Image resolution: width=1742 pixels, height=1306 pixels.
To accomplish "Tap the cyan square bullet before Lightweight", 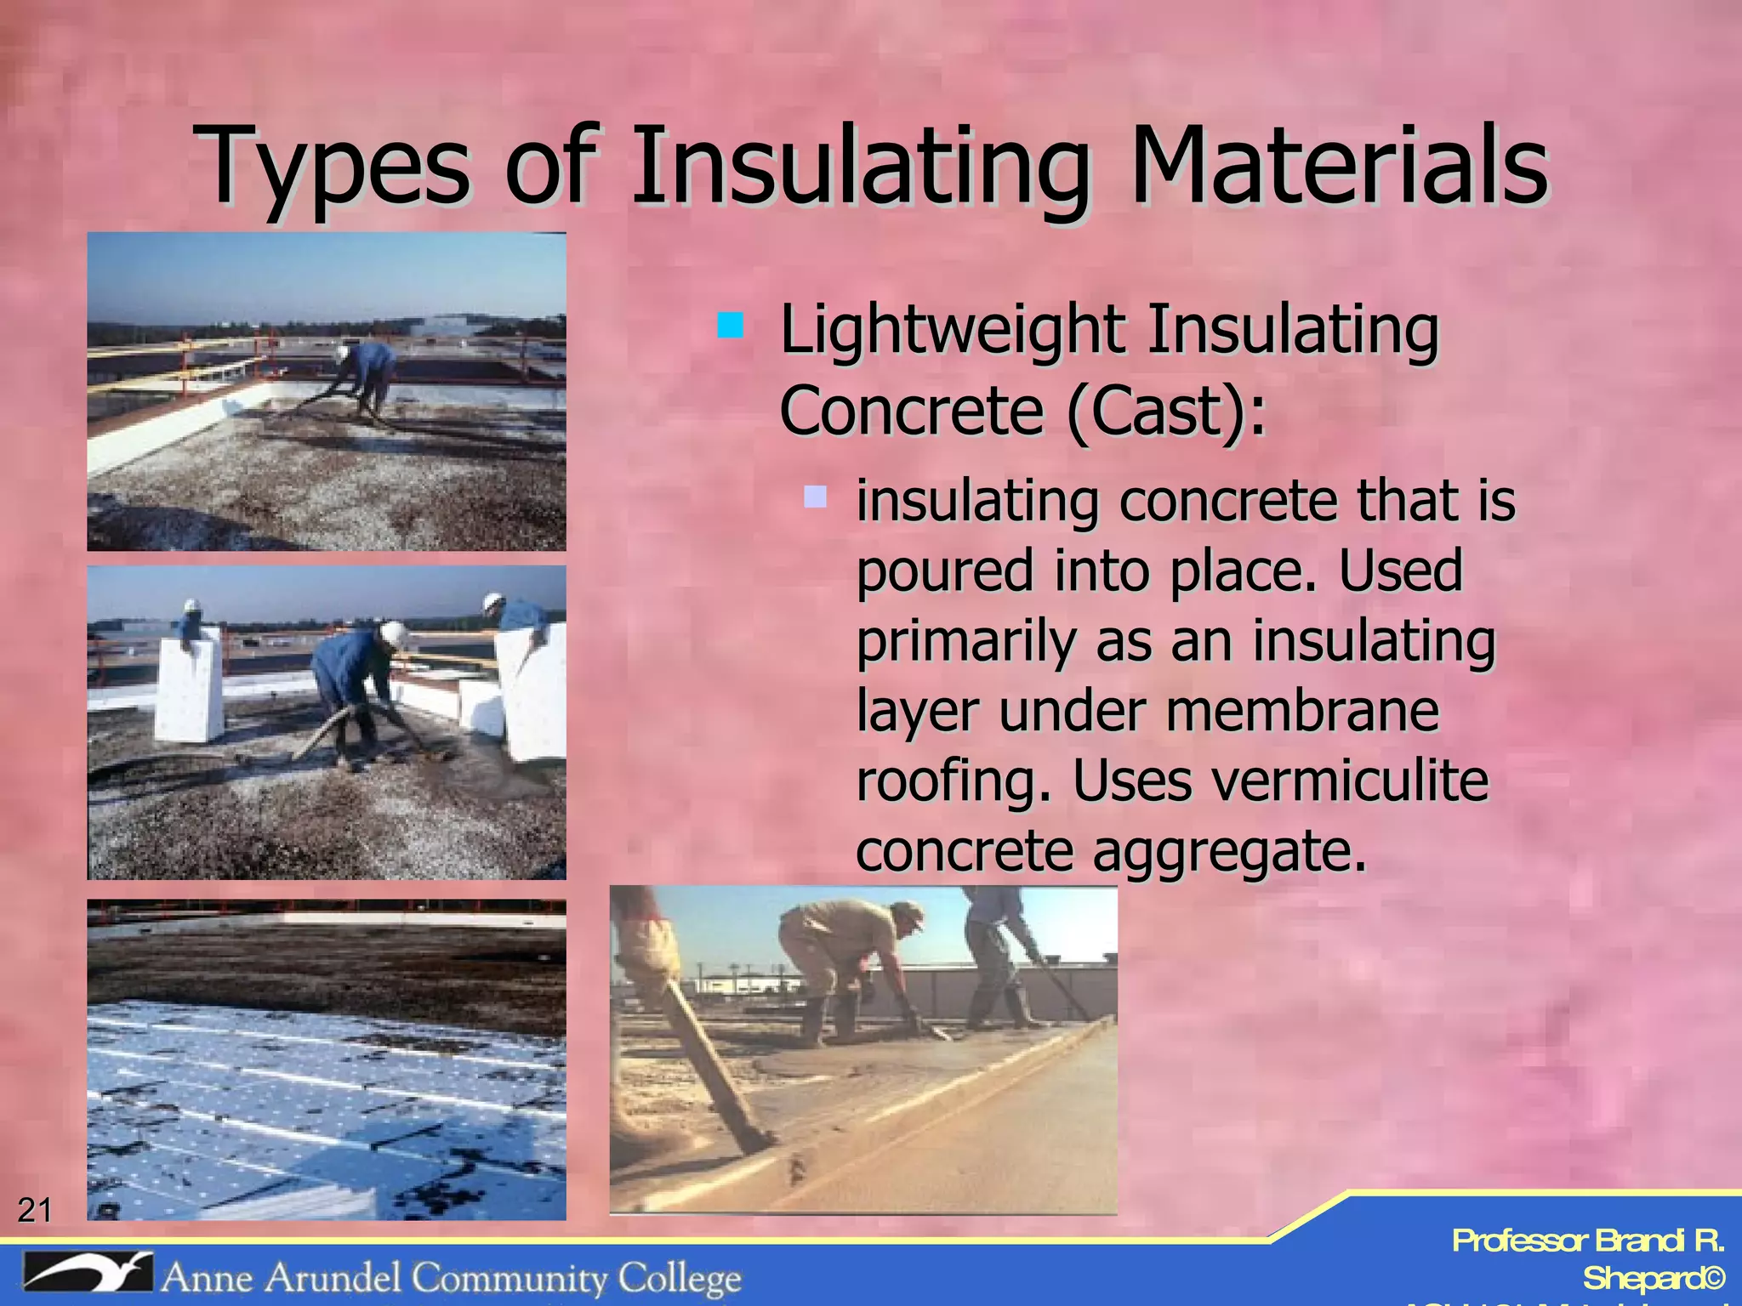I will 730,326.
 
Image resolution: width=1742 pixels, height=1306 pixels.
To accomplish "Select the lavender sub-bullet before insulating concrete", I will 815,497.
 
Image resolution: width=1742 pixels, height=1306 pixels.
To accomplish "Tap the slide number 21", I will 35,1209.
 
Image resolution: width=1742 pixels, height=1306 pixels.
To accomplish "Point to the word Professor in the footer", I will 1519,1241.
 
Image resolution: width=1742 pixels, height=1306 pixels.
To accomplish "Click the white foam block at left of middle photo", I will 189,689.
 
